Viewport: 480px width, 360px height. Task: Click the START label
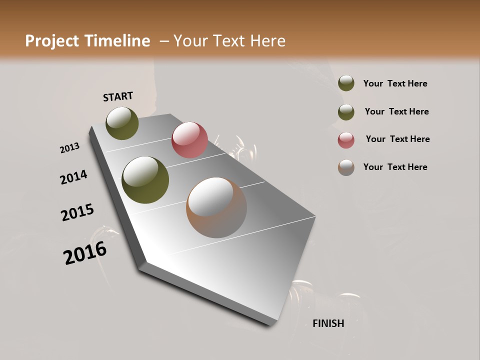coord(118,96)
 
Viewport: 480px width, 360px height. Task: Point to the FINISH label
coord(328,323)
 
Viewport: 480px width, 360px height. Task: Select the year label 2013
coord(70,148)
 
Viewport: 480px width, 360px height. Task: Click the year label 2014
coord(73,177)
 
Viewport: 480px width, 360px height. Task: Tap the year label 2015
coord(77,212)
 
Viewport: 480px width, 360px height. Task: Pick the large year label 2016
coord(85,252)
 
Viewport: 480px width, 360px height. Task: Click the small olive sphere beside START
coord(122,123)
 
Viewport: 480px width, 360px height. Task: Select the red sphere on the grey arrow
coord(189,139)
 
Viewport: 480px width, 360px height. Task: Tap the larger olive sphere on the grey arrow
coord(145,180)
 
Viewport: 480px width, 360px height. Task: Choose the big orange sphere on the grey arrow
coord(216,207)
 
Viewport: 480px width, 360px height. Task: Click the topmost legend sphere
coord(346,83)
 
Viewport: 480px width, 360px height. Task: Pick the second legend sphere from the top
coord(346,112)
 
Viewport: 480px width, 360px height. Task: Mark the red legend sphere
coord(346,140)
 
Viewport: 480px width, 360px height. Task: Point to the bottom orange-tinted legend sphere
coord(346,167)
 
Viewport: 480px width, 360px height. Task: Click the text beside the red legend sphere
coord(397,139)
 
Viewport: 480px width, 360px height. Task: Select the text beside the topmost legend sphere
coord(395,83)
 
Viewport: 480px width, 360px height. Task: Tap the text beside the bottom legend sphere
coord(395,167)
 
